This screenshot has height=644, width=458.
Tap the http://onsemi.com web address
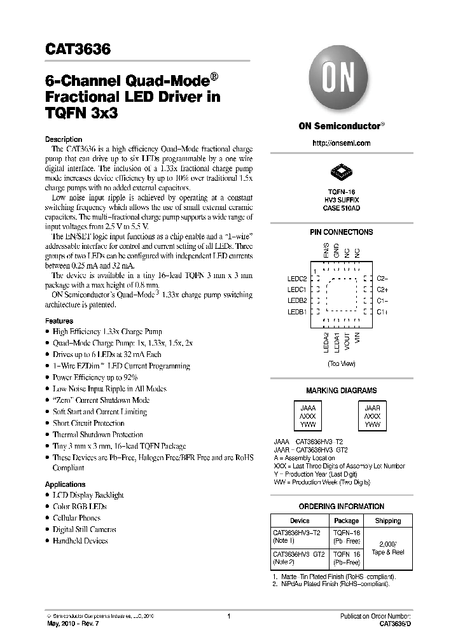[342, 143]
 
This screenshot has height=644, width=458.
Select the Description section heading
[64, 139]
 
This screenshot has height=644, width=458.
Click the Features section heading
[59, 321]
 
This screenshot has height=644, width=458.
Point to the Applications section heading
[65, 484]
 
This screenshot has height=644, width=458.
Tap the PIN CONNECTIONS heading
[342, 232]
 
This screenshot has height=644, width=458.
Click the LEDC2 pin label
[297, 278]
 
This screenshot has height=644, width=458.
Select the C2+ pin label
[382, 290]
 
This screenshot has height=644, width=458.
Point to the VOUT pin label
[347, 344]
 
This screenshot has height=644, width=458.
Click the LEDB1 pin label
[297, 312]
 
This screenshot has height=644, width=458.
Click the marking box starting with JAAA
[307, 416]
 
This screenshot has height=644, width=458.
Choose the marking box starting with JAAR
[372, 416]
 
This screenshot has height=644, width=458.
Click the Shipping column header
[387, 521]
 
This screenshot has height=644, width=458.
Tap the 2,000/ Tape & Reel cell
[387, 548]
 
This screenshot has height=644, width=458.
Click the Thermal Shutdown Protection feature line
[97, 435]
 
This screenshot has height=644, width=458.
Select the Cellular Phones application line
[76, 518]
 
